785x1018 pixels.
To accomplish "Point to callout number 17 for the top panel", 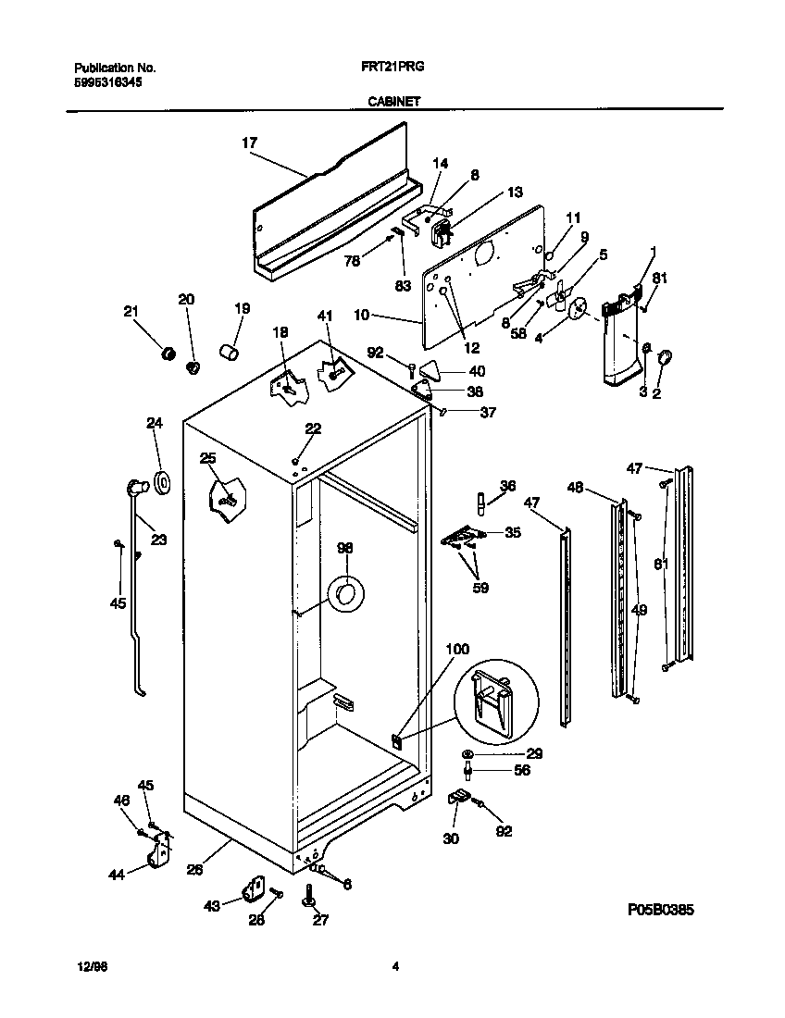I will pyautogui.click(x=249, y=143).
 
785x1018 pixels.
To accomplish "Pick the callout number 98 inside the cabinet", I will pyautogui.click(x=344, y=549).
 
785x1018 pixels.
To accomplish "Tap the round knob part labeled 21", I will pyautogui.click(x=169, y=354).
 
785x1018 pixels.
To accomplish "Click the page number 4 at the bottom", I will pyautogui.click(x=395, y=967).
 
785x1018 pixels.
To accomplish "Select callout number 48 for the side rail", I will pyautogui.click(x=575, y=487).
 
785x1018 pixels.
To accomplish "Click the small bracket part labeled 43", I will pyautogui.click(x=249, y=889).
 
